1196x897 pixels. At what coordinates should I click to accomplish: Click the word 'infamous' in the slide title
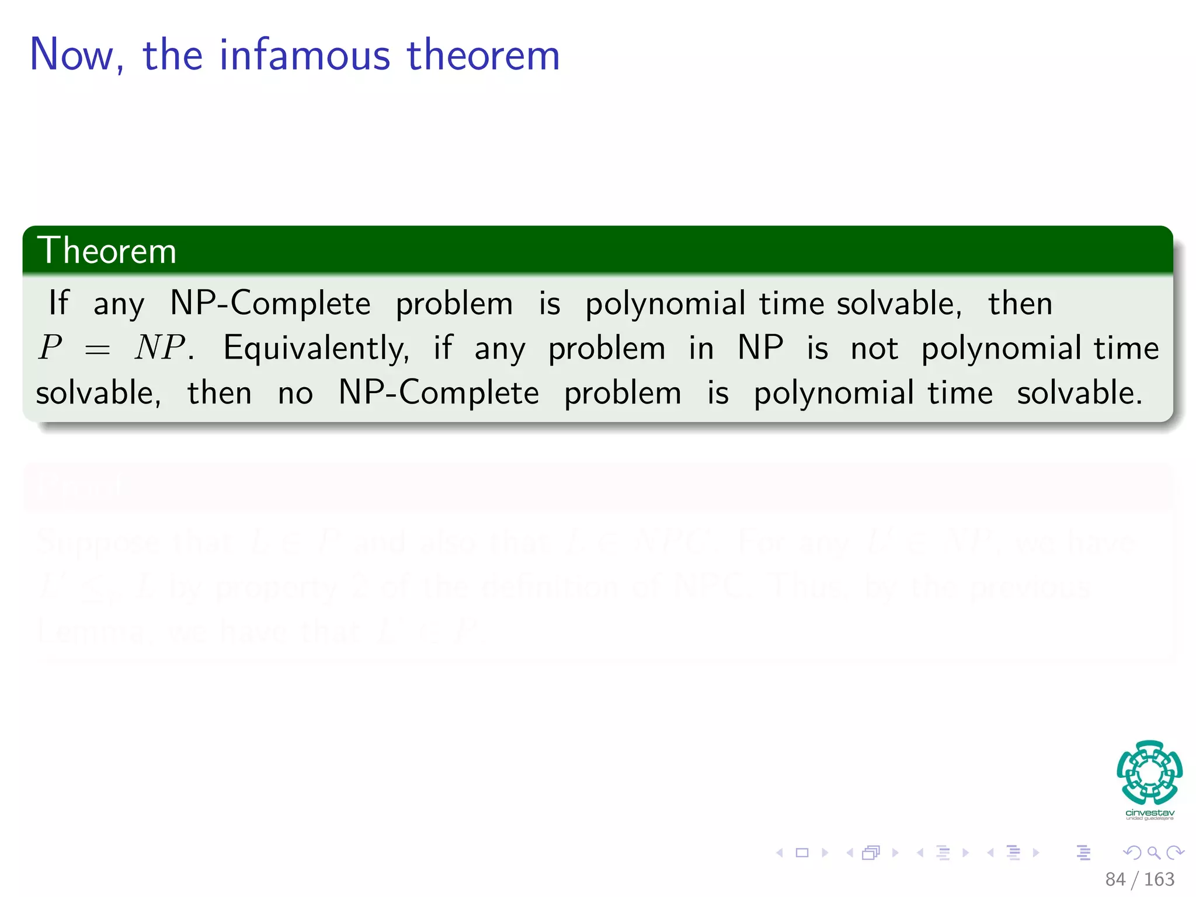[304, 55]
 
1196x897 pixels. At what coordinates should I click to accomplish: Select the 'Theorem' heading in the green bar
[106, 251]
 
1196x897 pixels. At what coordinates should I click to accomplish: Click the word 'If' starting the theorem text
[58, 303]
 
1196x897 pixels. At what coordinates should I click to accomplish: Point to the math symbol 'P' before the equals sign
[51, 347]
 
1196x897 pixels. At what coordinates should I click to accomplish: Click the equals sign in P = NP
[97, 350]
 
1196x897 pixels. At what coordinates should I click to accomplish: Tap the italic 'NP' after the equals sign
[160, 347]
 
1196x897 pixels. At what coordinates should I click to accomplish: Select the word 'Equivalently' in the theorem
[316, 349]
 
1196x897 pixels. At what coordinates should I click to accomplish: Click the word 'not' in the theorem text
[874, 349]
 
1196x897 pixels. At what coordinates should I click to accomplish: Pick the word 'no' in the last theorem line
[295, 393]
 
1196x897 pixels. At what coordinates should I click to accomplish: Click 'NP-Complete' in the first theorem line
[270, 303]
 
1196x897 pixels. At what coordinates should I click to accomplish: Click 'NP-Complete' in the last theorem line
[439, 392]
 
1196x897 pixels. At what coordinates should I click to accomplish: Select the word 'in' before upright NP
[701, 349]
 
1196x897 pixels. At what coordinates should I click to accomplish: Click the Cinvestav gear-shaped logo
[1149, 772]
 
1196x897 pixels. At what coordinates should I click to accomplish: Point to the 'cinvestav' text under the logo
[1149, 813]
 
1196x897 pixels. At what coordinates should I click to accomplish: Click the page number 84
[1115, 879]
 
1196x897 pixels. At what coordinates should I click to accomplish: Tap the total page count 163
[1159, 879]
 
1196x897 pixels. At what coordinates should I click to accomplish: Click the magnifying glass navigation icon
[1153, 853]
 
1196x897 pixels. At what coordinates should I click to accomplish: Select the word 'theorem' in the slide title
[483, 55]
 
